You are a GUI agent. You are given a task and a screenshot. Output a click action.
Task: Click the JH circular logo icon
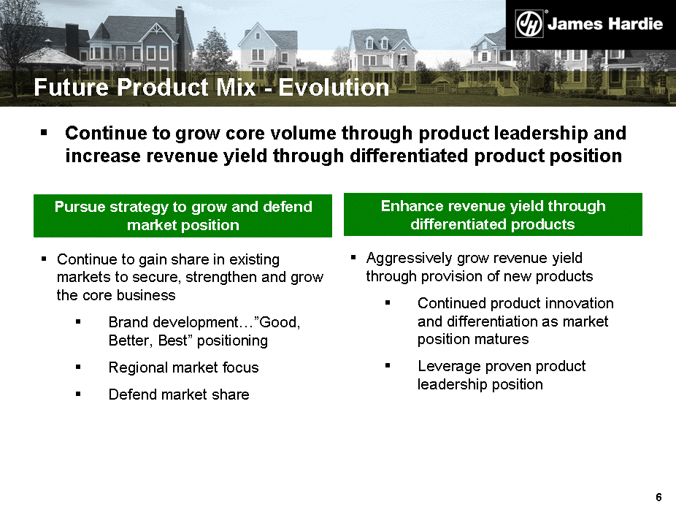click(529, 24)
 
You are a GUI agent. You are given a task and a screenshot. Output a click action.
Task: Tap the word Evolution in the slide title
click(334, 87)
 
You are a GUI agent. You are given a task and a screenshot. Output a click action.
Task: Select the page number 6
click(658, 497)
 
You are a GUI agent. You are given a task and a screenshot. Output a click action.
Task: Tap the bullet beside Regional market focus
click(78, 367)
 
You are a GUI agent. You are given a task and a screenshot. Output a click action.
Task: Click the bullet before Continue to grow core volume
click(44, 133)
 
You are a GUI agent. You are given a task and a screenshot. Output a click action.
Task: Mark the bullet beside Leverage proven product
click(388, 366)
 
